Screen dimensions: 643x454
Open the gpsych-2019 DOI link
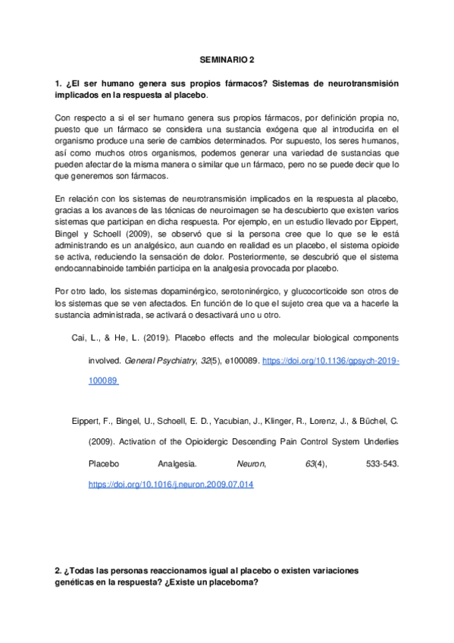coord(330,362)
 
